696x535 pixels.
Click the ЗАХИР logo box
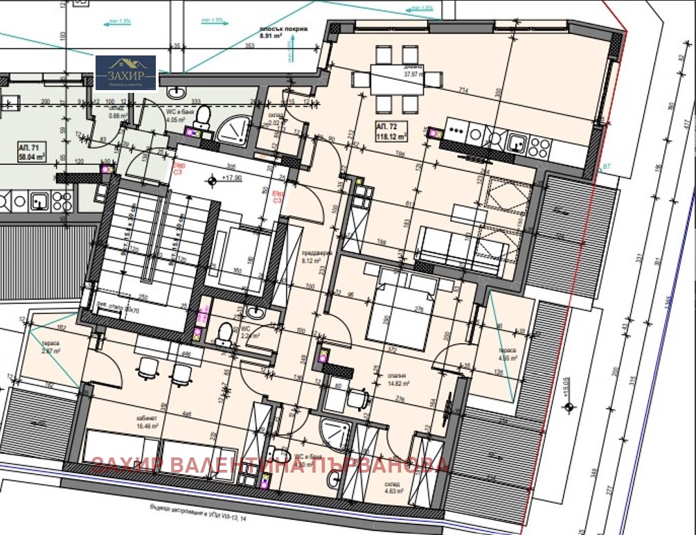[x=125, y=73]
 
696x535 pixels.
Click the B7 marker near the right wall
[x=606, y=167]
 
